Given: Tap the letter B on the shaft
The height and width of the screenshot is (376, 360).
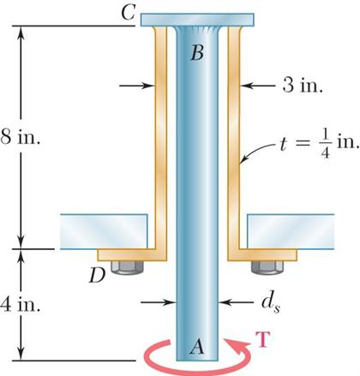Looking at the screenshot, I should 196,54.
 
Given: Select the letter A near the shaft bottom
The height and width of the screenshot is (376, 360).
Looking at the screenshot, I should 196,346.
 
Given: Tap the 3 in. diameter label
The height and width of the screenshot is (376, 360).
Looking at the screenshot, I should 303,86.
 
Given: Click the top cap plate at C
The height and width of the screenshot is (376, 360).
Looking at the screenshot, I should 197,20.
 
